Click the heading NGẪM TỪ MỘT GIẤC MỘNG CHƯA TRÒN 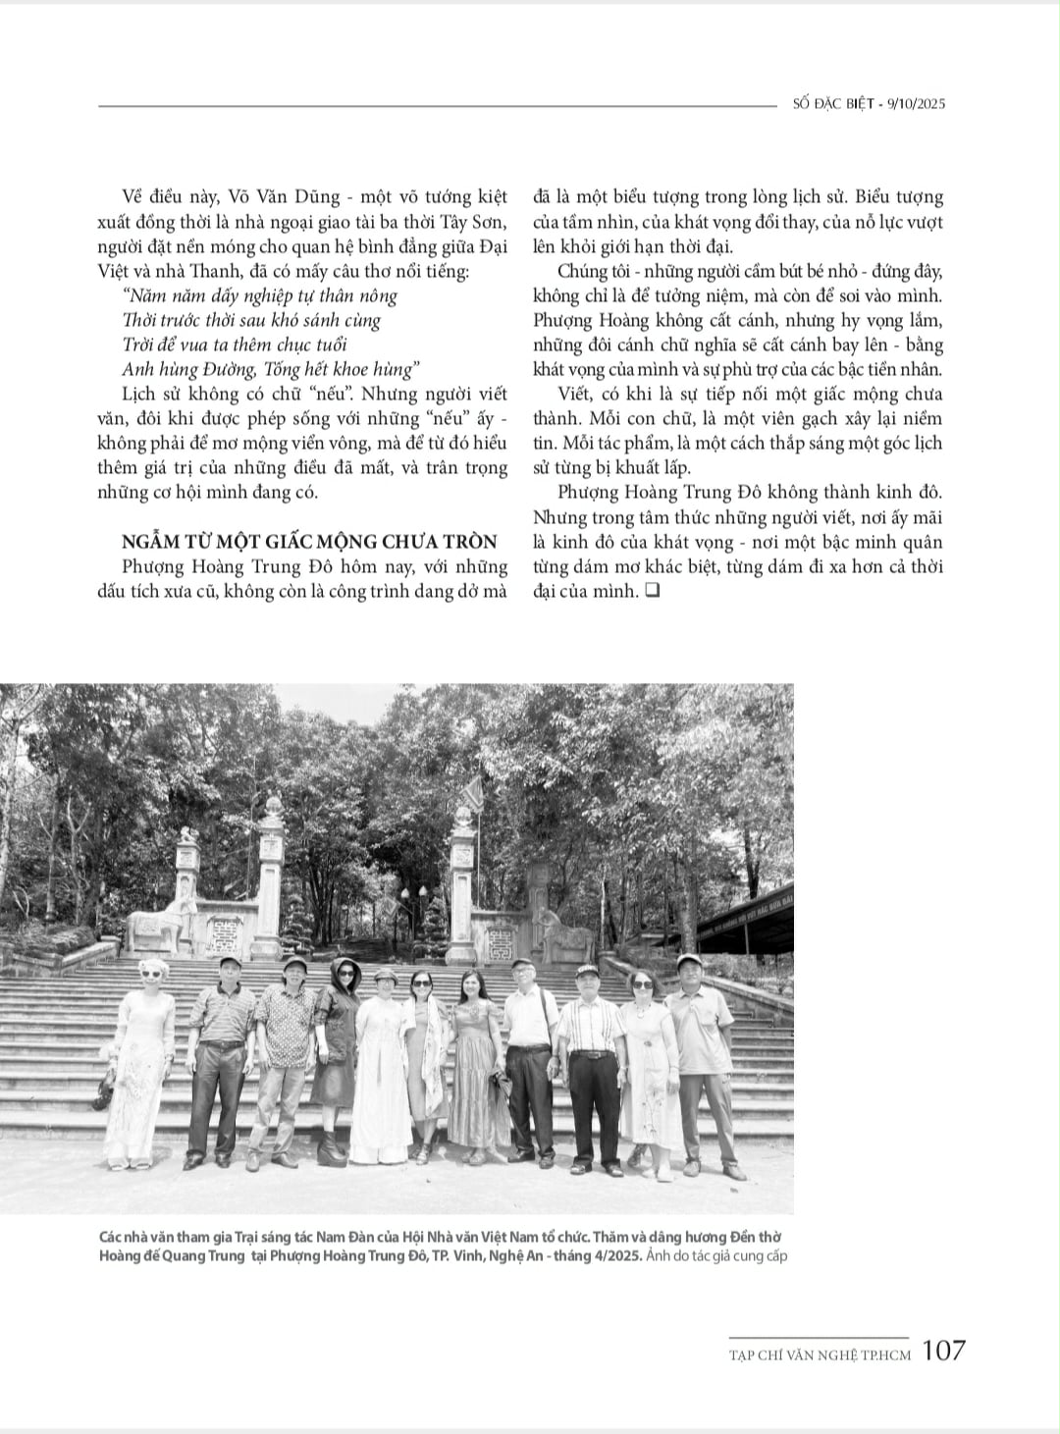[x=309, y=542]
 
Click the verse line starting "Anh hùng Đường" [x=271, y=369]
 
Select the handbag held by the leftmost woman [x=104, y=1085]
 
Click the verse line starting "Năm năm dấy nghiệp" [x=260, y=295]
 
